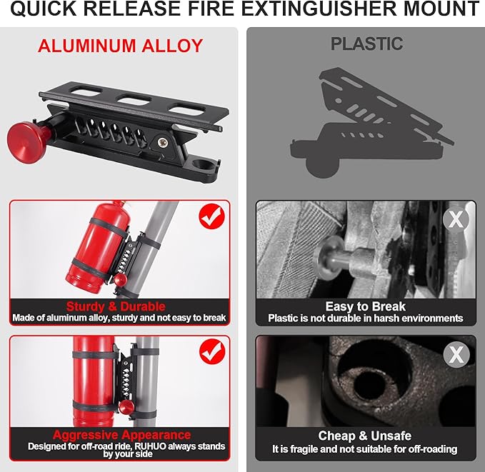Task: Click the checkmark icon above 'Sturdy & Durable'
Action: [211, 216]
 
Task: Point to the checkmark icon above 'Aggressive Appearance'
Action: [211, 351]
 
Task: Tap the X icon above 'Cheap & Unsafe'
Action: [455, 353]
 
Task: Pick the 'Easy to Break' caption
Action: [365, 306]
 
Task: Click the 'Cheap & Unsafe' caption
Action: [365, 436]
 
